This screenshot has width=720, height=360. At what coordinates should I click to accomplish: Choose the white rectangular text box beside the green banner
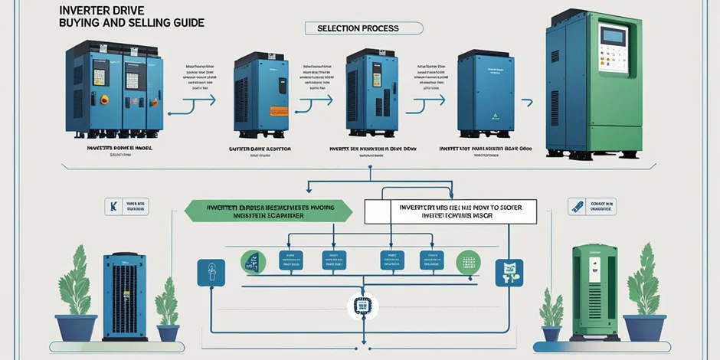click(450, 211)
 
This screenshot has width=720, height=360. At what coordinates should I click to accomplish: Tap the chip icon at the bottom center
click(359, 307)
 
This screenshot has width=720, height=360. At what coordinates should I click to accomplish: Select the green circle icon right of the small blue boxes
click(468, 262)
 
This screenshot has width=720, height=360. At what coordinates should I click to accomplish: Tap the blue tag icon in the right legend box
click(578, 205)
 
